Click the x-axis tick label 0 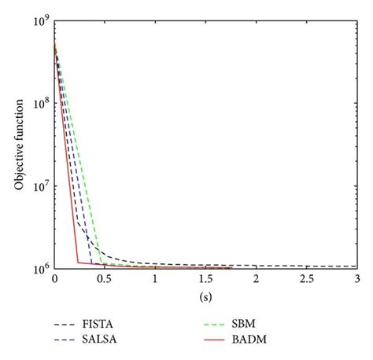54,280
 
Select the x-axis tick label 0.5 105,280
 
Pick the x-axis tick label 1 155,280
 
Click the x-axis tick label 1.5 205,280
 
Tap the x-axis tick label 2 257,280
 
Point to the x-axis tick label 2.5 307,280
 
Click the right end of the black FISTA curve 356,266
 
